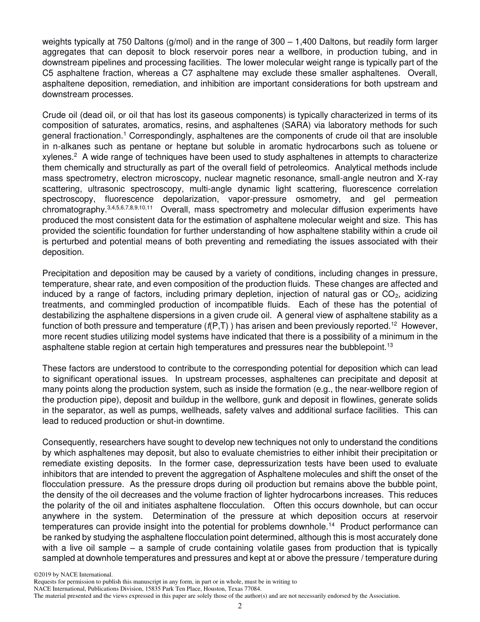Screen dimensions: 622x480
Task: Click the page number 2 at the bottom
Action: click(x=240, y=607)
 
